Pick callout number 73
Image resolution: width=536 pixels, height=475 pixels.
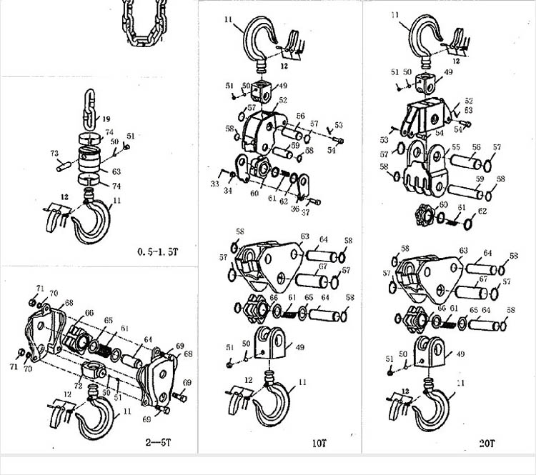(x=54, y=153)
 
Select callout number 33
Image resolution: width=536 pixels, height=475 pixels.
(x=214, y=184)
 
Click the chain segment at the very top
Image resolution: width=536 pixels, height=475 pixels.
(x=147, y=21)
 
